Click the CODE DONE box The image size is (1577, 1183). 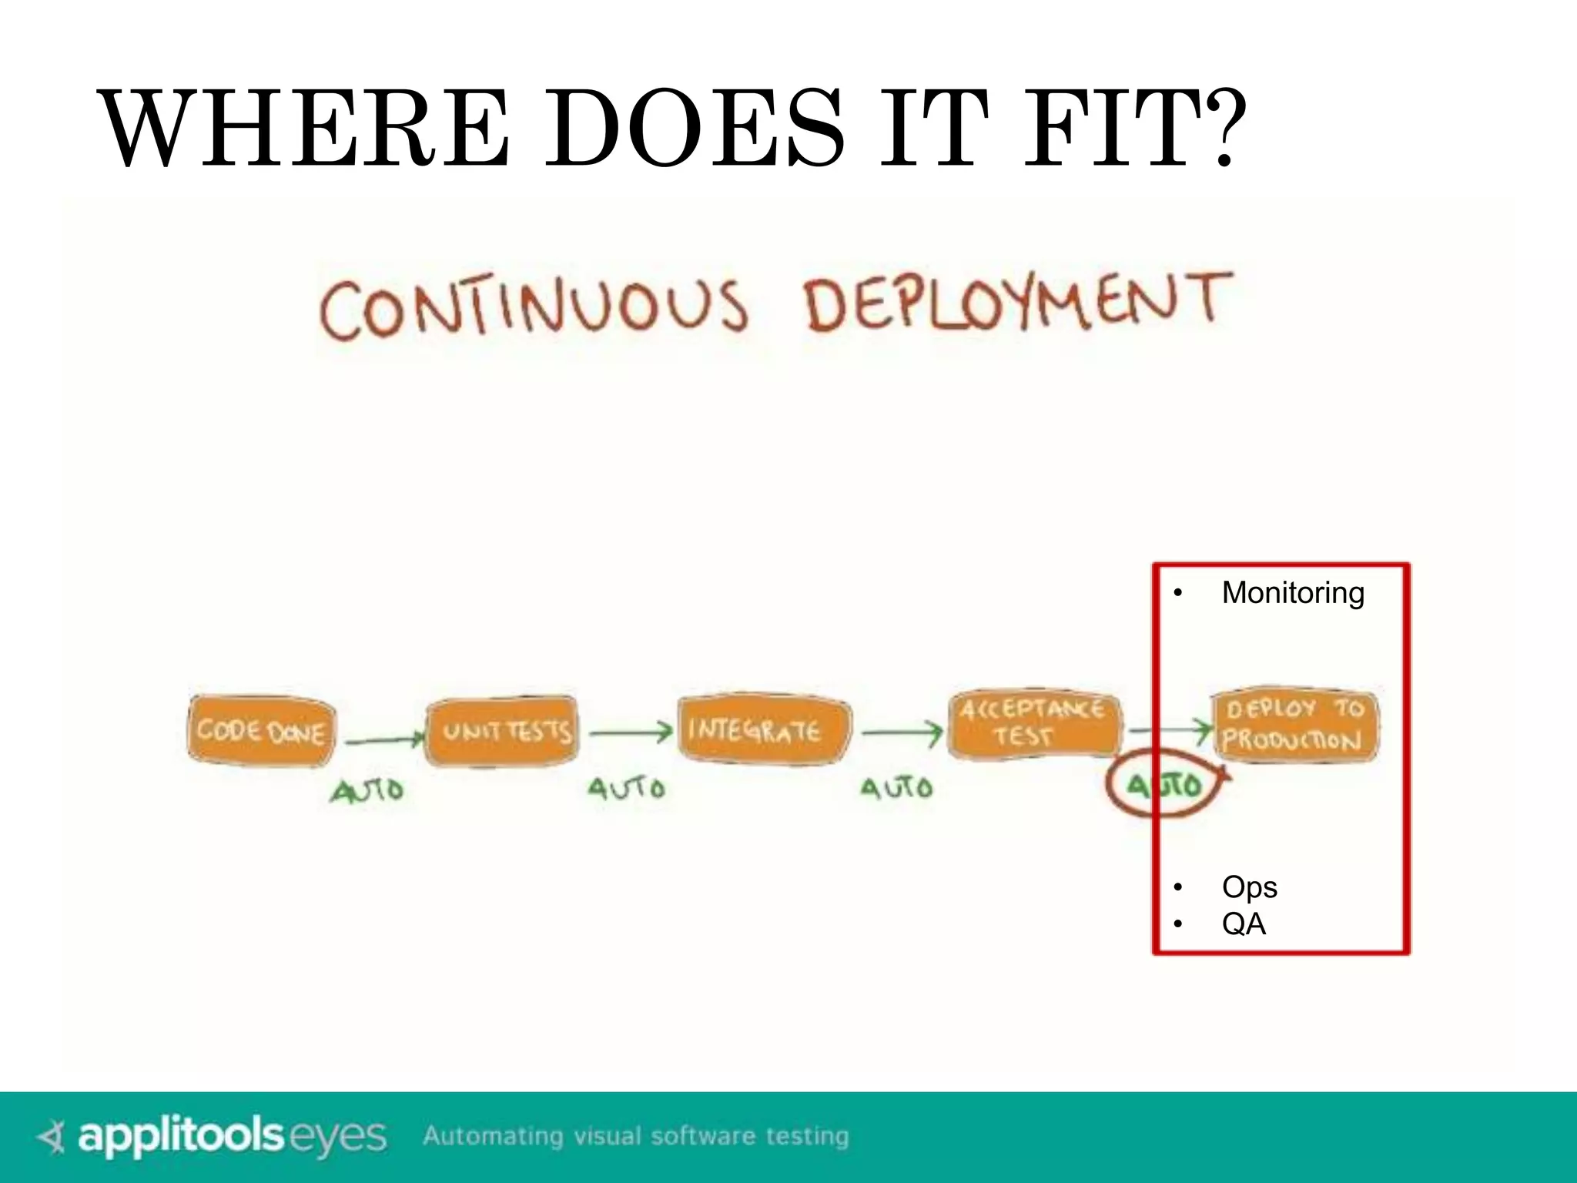tap(261, 730)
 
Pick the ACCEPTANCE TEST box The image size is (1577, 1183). tap(1033, 722)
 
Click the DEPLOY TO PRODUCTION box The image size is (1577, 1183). tap(1295, 725)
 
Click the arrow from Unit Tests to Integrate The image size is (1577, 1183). tap(631, 733)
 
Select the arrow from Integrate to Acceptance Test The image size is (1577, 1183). tap(901, 732)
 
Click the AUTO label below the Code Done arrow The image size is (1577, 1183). tap(367, 790)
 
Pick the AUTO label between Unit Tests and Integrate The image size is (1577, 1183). tap(626, 789)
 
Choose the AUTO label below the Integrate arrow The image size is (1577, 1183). tap(896, 788)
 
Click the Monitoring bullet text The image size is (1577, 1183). tap(1292, 593)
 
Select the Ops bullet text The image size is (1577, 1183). tap(1248, 887)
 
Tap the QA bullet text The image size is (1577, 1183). tap(1243, 923)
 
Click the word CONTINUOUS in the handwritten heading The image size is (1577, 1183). tap(534, 308)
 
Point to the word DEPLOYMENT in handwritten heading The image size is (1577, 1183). tap(1016, 302)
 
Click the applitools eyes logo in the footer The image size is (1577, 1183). tap(212, 1136)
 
